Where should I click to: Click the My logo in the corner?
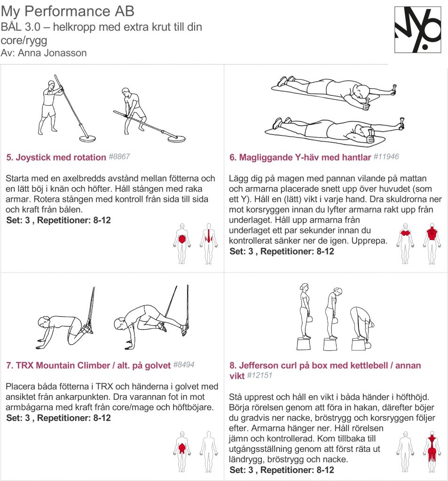[x=417, y=30]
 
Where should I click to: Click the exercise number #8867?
[x=119, y=157]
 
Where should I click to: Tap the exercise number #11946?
[x=386, y=157]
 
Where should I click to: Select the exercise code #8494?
[x=184, y=365]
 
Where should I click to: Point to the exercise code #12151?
[x=259, y=375]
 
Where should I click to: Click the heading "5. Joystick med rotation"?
[x=56, y=157]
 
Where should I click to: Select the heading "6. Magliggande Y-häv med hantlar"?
[x=300, y=157]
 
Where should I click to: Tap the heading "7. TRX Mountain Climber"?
[x=58, y=365]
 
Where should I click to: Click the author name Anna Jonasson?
[x=52, y=53]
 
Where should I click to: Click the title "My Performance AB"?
[x=68, y=11]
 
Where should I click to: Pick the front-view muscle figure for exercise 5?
[x=182, y=244]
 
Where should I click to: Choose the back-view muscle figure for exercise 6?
[x=432, y=244]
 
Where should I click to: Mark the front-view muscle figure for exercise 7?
[x=182, y=451]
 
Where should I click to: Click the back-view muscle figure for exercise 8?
[x=432, y=451]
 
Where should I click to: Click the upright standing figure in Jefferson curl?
[x=305, y=311]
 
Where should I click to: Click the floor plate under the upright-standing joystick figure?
[x=87, y=139]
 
